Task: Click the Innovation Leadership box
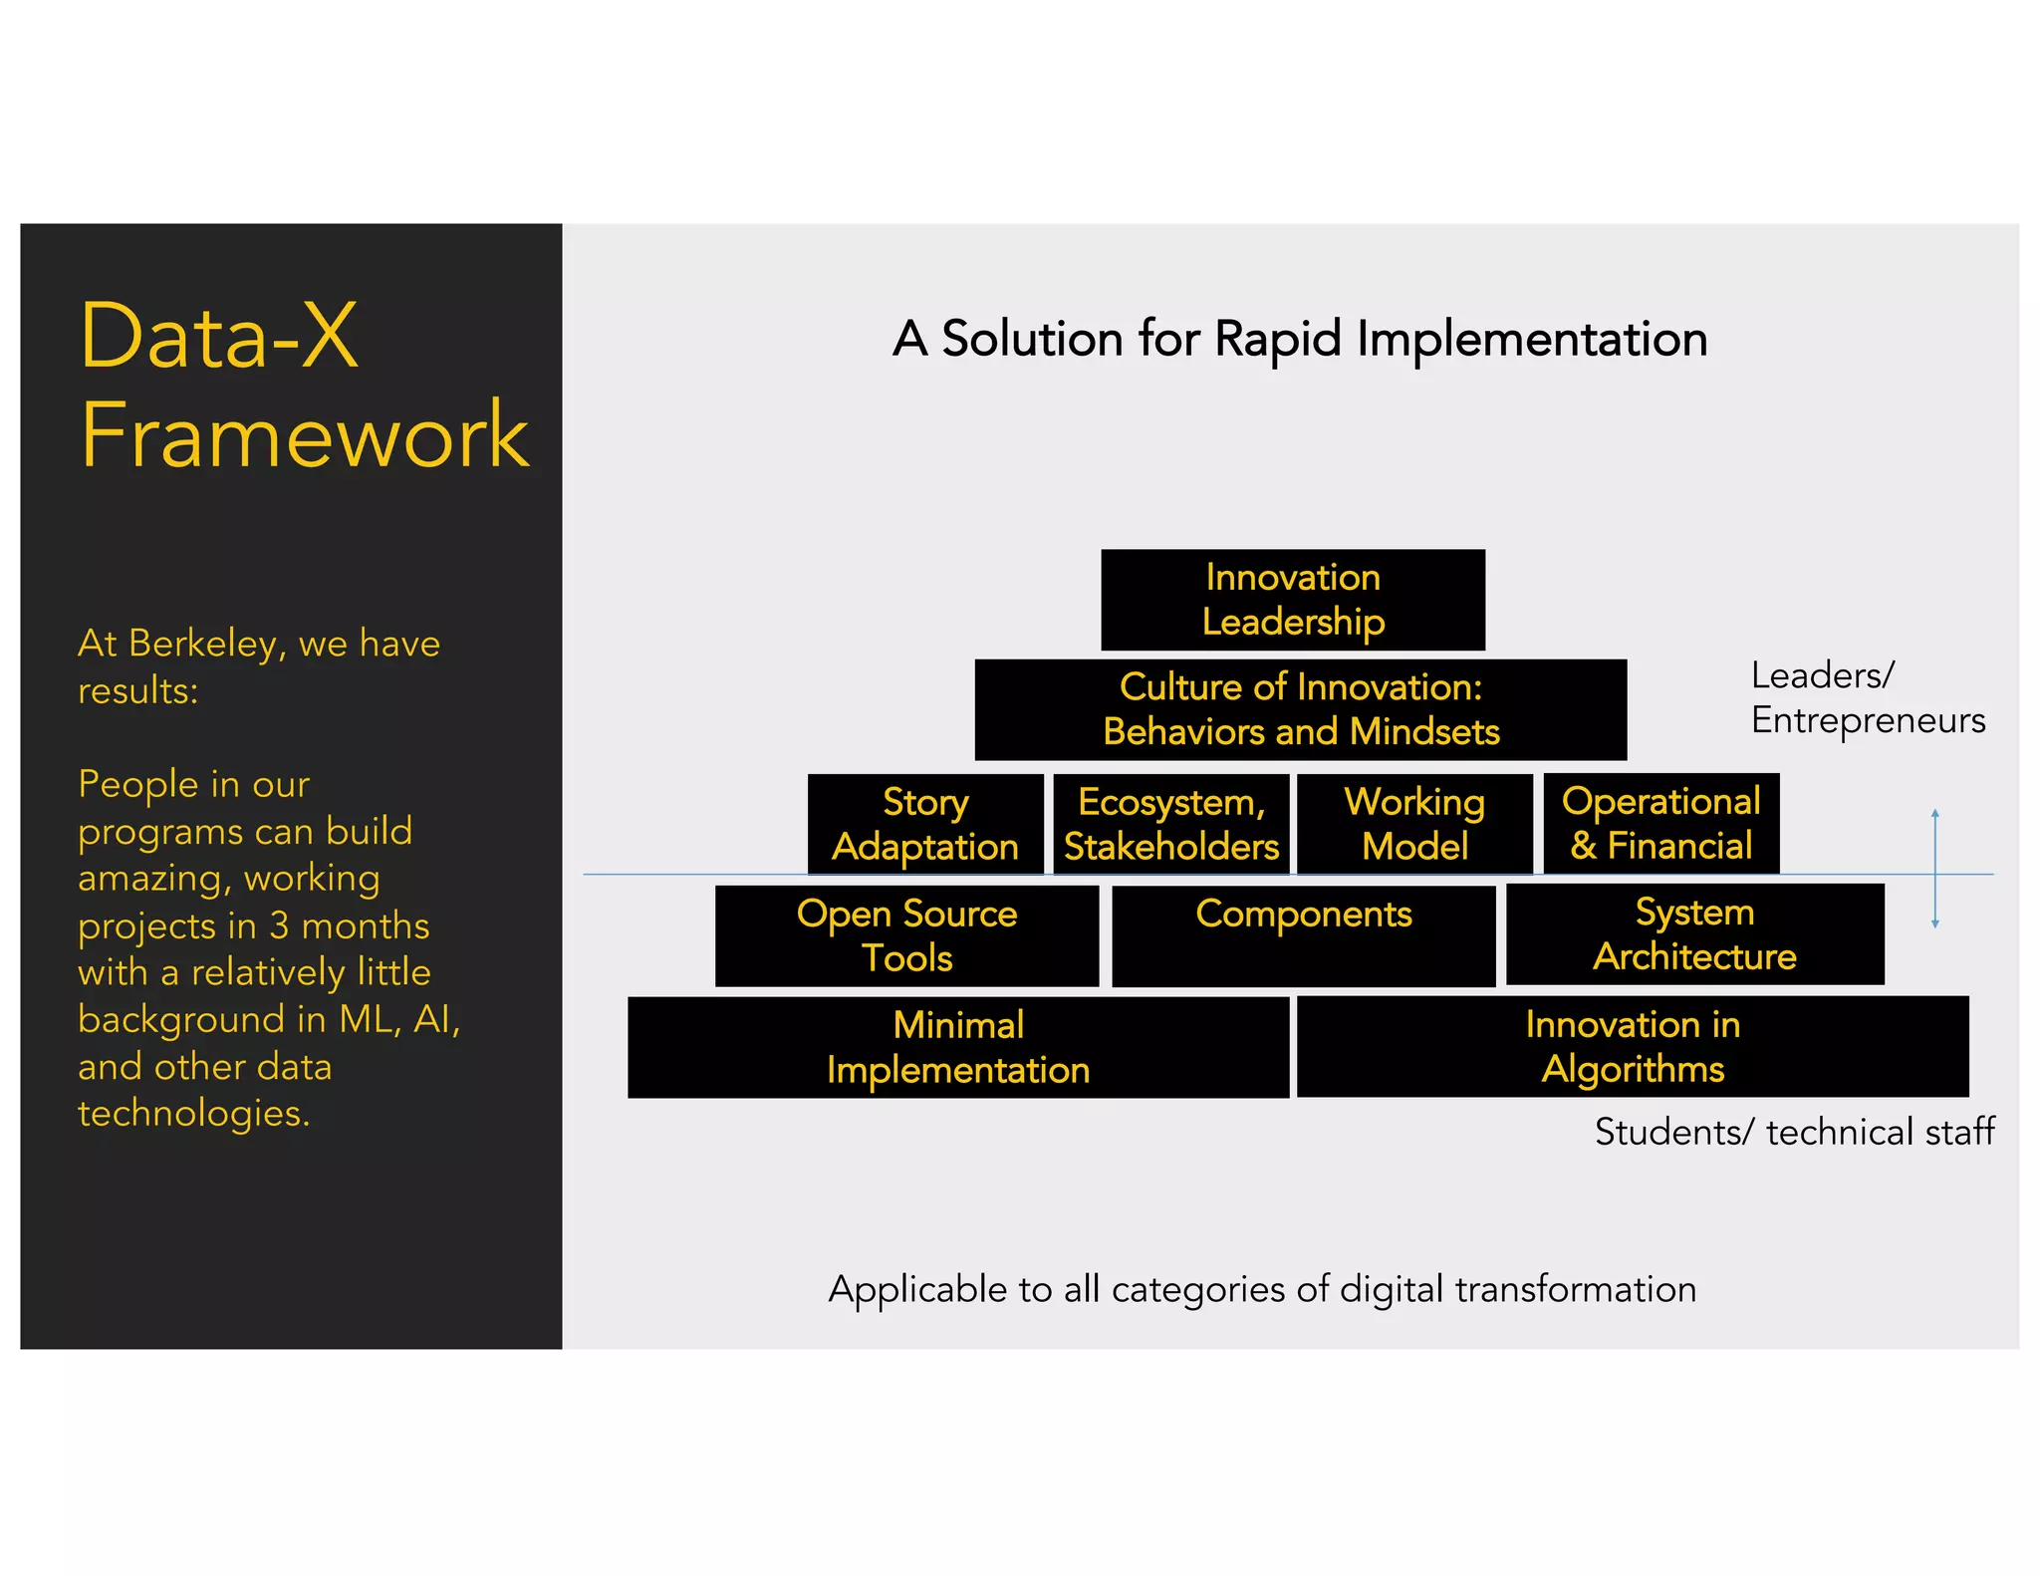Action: pos(1292,600)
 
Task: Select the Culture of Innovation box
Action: pos(1300,709)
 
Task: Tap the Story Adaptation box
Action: pos(924,824)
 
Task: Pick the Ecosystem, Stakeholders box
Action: pos(1170,824)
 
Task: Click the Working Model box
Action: pos(1414,824)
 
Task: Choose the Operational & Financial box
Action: pos(1660,824)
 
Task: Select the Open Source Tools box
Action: pos(906,935)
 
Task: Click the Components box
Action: pos(1303,935)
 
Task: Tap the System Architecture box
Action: pos(1694,934)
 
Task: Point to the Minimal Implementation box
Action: pos(958,1047)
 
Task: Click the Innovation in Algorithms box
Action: pos(1633,1046)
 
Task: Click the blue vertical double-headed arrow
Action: pos(1934,869)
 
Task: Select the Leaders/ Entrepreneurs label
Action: pos(1867,697)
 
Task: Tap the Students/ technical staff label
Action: pos(1794,1132)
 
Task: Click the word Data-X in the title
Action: pos(218,337)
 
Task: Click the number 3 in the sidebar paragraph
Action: pos(279,925)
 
